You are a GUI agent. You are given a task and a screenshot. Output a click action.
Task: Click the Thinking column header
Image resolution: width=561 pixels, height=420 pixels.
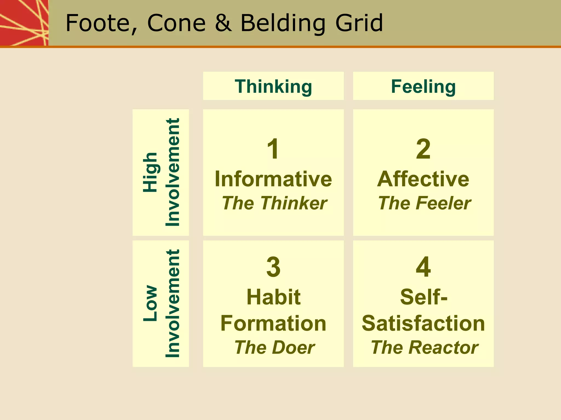coord(273,86)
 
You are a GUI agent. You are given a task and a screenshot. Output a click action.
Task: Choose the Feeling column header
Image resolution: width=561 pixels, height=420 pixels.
coord(423,86)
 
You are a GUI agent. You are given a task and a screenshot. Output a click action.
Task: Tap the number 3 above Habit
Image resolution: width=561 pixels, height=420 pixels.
coord(273,267)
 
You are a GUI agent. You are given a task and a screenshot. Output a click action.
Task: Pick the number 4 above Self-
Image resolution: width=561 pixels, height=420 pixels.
coord(423,267)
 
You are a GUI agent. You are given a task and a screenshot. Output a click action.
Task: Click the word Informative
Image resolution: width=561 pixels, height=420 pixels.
coord(273,179)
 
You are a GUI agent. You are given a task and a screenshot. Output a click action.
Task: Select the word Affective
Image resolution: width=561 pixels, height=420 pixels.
coord(423,179)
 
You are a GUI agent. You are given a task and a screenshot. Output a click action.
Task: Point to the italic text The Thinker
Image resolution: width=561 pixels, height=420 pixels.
coord(274,203)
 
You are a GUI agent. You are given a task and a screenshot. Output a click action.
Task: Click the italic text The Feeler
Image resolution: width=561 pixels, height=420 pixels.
coord(424,203)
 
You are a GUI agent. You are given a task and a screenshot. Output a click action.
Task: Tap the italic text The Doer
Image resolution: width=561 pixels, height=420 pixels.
coord(274,347)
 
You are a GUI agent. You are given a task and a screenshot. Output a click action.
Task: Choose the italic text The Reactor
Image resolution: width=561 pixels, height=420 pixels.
coord(424,347)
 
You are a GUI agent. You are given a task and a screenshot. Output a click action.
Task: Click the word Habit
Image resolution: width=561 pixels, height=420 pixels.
coord(273,297)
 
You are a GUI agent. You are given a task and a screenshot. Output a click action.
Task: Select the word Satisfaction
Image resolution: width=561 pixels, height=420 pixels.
coord(423,323)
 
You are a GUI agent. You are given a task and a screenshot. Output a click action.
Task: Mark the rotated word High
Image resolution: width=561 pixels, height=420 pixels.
coord(150,172)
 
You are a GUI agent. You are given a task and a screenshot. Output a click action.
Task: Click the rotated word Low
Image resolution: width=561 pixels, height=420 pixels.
coord(150,303)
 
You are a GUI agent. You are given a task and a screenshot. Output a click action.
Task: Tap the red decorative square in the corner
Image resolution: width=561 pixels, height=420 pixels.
coord(24,22)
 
